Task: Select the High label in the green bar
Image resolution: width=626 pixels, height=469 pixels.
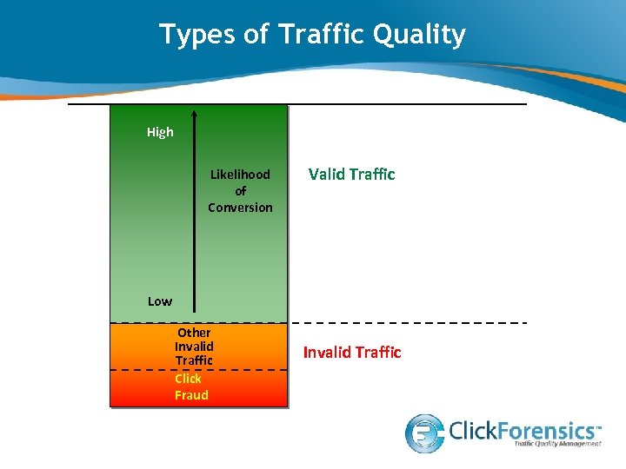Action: [x=160, y=132]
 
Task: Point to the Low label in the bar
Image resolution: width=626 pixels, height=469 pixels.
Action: [x=159, y=301]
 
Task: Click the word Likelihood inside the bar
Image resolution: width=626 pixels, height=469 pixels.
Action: [x=240, y=175]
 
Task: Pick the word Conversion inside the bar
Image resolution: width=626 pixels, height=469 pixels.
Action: [x=240, y=208]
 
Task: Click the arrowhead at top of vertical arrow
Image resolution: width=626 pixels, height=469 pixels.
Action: [x=193, y=113]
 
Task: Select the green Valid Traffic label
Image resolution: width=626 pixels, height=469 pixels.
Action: [x=351, y=175]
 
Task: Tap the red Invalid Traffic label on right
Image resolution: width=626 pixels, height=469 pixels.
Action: [x=351, y=352]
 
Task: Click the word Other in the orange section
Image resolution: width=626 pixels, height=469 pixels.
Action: [x=194, y=333]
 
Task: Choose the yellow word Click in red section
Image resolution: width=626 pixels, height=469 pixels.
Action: [x=188, y=379]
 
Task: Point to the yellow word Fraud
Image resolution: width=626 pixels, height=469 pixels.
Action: [x=191, y=395]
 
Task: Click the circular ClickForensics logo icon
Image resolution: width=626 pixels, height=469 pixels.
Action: [x=425, y=432]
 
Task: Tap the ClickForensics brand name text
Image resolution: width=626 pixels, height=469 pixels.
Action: [x=524, y=429]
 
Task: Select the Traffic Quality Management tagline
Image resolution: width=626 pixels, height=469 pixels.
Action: [x=556, y=444]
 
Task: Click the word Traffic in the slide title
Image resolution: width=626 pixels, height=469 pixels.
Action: [x=317, y=35]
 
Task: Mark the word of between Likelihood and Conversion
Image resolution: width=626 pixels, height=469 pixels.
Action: [x=240, y=191]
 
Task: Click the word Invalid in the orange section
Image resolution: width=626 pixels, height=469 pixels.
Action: [x=194, y=347]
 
